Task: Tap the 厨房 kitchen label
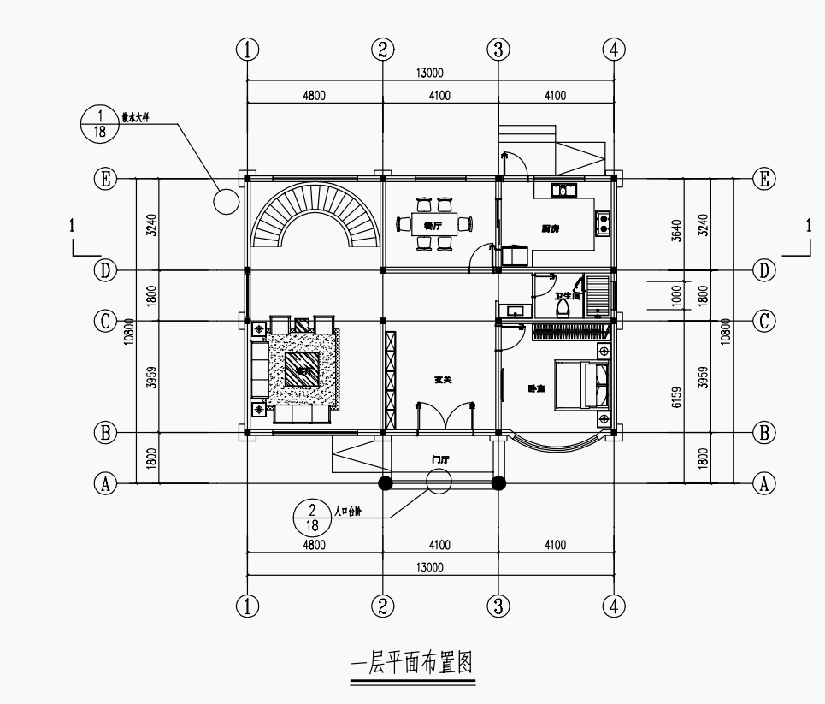coord(551,228)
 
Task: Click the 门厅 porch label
coord(440,459)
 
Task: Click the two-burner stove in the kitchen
coord(603,223)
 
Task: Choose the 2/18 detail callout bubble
coord(312,518)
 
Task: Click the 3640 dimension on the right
coord(675,229)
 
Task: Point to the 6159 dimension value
coord(675,397)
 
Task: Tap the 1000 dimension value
coord(675,295)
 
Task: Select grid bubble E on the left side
coord(104,178)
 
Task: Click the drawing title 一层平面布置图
coord(413,664)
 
